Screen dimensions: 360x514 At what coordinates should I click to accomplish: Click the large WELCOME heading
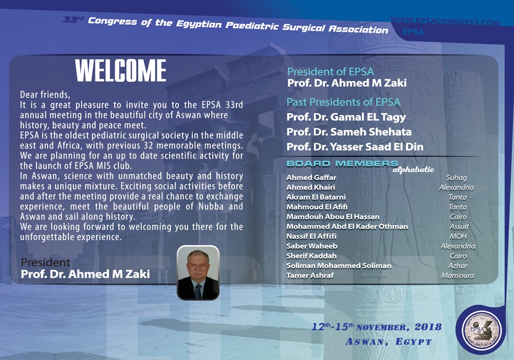(x=120, y=71)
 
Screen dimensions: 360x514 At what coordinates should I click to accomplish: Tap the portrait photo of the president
(x=198, y=273)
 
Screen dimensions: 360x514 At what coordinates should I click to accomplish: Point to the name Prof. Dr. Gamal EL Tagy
(x=346, y=117)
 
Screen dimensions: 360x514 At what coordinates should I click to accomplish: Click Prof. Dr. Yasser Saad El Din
(x=355, y=147)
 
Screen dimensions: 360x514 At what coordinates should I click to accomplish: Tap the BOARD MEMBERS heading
(x=342, y=164)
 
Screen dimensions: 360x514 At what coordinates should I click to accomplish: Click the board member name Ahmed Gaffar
(x=304, y=178)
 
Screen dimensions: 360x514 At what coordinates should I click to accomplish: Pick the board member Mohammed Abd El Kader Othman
(x=347, y=227)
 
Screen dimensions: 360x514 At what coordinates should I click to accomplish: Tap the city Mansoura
(x=457, y=276)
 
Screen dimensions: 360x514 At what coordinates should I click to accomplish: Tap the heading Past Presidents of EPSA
(x=343, y=102)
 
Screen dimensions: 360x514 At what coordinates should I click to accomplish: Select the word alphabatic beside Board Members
(x=413, y=170)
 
